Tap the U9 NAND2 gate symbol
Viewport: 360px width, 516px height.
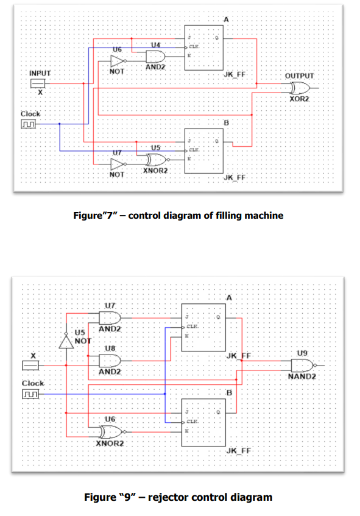[302, 365]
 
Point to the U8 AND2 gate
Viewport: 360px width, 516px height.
[111, 360]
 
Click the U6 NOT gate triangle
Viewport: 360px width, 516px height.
[118, 61]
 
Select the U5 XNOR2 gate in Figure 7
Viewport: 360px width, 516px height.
[157, 160]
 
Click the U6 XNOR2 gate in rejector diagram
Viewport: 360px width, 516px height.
[111, 432]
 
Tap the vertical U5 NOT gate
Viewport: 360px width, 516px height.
[65, 341]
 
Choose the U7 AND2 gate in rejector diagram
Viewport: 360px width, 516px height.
[111, 317]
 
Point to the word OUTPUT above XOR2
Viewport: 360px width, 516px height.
[299, 76]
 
